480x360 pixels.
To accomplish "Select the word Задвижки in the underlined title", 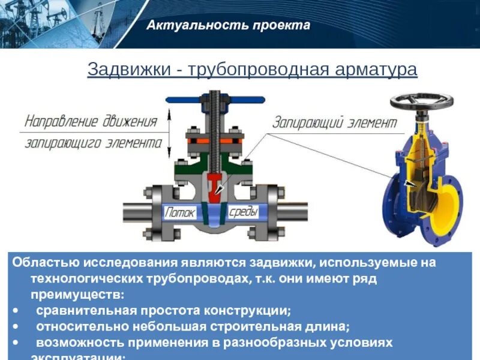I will tap(128, 69).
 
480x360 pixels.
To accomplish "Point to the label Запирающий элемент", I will tap(335, 124).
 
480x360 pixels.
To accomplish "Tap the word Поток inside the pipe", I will tap(181, 212).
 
